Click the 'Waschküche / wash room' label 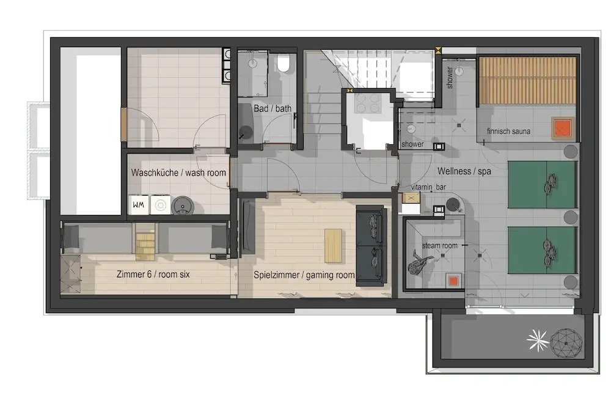(x=178, y=172)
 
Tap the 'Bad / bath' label (x=273, y=108)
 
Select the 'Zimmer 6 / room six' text (x=153, y=274)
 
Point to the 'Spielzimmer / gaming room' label (x=304, y=275)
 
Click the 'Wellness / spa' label (x=464, y=171)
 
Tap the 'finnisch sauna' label (x=508, y=131)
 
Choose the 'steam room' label (x=439, y=246)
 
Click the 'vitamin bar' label (x=428, y=187)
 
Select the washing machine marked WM (x=138, y=205)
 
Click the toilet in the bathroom (x=284, y=63)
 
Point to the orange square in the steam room (x=453, y=281)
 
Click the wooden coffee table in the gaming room (x=333, y=245)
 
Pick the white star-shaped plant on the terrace (x=537, y=340)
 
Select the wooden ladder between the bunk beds (x=145, y=242)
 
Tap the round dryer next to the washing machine (x=183, y=205)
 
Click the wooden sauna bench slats (x=527, y=80)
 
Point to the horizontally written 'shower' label (x=412, y=144)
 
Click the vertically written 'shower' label (x=450, y=77)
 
